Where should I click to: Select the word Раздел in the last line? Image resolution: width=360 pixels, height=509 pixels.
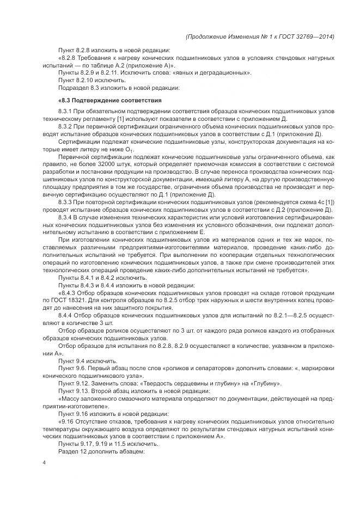(68, 451)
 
